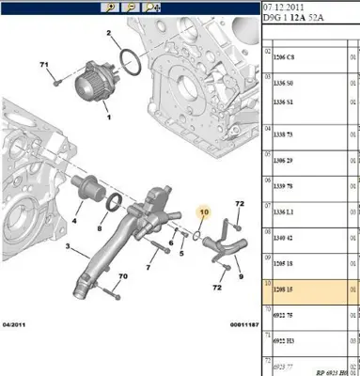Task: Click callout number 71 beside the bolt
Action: pos(44,66)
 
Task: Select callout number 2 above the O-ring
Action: pos(109,34)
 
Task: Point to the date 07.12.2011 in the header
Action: pos(282,8)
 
